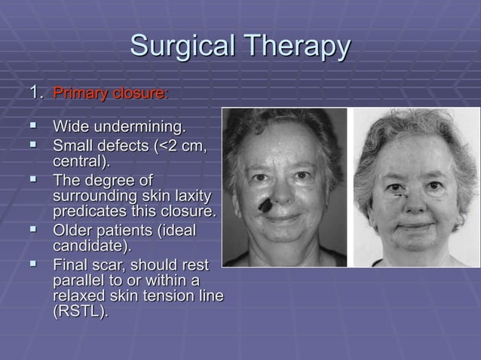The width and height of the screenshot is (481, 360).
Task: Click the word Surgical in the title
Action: (179, 46)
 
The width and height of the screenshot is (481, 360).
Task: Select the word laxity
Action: (188, 197)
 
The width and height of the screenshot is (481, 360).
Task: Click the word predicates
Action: (89, 213)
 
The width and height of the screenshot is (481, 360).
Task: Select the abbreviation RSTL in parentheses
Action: (78, 313)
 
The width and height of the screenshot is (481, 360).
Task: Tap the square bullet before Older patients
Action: (33, 230)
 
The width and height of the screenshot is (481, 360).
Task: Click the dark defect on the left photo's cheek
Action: (265, 203)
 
